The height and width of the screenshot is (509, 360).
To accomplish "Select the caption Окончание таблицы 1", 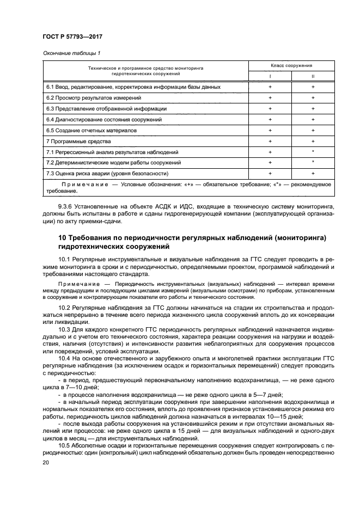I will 71,53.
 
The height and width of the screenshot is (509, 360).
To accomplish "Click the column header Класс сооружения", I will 291,65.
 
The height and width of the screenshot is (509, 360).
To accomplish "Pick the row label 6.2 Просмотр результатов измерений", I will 94,97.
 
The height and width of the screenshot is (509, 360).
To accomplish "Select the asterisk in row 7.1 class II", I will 313,152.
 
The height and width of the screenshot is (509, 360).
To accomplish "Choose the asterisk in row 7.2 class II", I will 313,163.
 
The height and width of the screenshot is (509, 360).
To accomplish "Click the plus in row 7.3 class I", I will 270,174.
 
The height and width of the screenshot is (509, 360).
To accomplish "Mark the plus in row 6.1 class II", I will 313,87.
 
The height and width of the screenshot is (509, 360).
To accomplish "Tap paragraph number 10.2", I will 64,308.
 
